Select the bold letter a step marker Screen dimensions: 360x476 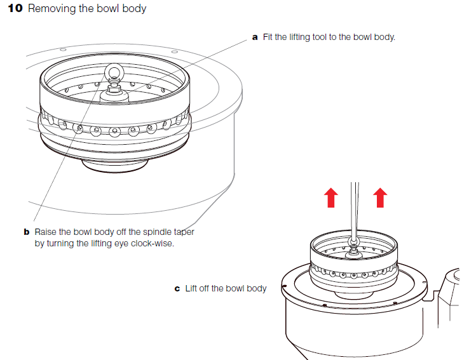pos(255,37)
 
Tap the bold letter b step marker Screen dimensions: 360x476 pos(27,232)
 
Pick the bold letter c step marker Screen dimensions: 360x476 pos(177,289)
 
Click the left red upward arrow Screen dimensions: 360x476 pos(331,197)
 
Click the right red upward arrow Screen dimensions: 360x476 pos(380,197)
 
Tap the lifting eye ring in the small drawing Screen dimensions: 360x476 pos(353,242)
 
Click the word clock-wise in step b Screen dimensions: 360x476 pos(153,244)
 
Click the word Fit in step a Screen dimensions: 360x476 pos(268,37)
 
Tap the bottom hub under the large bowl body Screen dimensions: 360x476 pos(115,164)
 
